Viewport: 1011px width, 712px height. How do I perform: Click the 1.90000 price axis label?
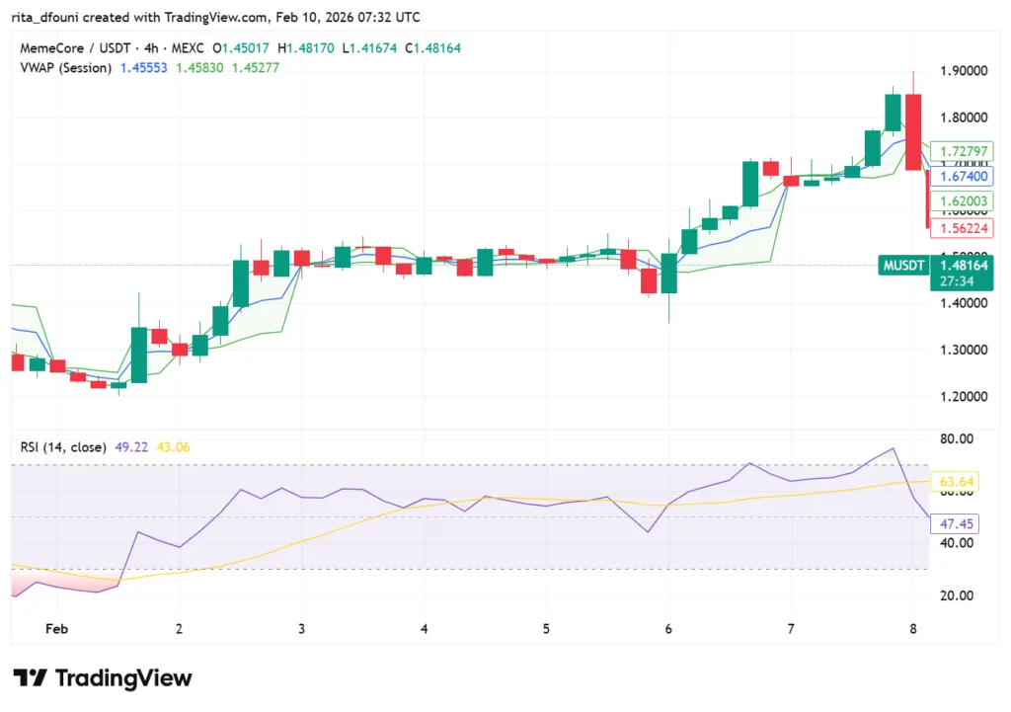point(962,71)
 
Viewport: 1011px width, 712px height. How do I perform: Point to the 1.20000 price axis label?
point(962,396)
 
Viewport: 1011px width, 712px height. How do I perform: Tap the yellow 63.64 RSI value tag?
point(954,482)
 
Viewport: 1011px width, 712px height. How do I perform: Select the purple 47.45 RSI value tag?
point(952,524)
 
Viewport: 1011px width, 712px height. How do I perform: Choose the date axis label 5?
point(546,628)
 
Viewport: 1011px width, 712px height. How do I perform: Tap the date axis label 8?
point(912,628)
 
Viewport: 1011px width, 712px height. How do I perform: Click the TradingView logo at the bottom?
point(103,678)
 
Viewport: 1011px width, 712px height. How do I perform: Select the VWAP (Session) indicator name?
point(65,67)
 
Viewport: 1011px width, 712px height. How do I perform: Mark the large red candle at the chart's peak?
point(913,131)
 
